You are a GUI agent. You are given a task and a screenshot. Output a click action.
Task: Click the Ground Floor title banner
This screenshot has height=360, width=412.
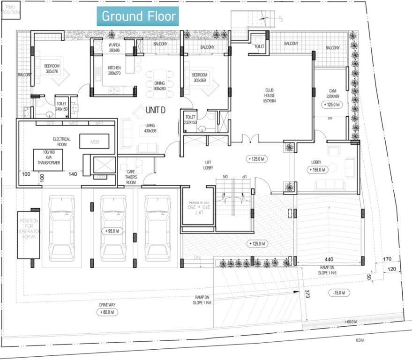click(138, 16)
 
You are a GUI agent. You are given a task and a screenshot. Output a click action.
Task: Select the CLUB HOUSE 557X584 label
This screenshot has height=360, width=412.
click(270, 94)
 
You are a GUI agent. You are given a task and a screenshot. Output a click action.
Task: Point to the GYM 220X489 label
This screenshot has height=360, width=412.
click(332, 93)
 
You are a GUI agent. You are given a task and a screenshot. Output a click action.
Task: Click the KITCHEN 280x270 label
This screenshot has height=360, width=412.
click(114, 70)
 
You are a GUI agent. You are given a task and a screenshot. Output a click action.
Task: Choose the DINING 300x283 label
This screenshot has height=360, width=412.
click(159, 86)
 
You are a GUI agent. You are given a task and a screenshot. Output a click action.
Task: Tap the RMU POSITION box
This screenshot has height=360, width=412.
click(11, 10)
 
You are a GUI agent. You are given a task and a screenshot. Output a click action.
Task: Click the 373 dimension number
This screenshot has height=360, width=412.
click(307, 294)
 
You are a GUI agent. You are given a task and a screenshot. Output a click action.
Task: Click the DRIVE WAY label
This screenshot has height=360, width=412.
click(104, 305)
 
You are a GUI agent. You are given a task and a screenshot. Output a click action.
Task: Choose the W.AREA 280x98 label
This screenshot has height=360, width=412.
click(114, 48)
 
